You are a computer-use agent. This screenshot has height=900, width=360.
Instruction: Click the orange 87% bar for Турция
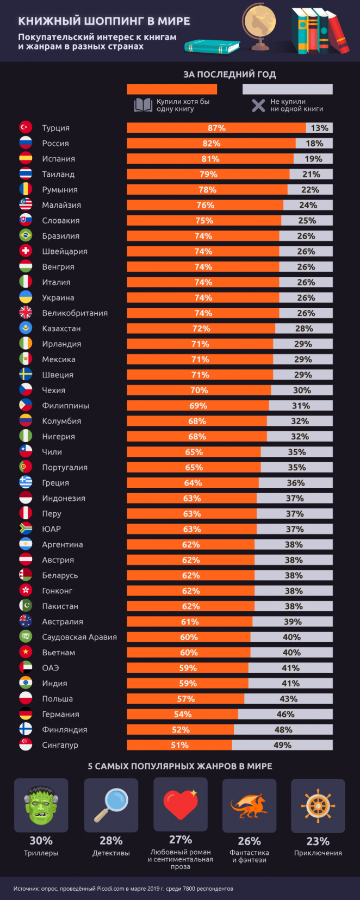click(x=216, y=128)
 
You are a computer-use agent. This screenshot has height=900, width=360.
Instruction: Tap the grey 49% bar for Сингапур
click(x=282, y=745)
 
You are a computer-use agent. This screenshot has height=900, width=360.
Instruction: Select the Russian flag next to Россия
click(x=26, y=143)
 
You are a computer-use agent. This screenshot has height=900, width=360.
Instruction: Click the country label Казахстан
click(x=61, y=328)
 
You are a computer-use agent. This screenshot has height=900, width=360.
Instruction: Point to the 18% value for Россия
click(x=314, y=144)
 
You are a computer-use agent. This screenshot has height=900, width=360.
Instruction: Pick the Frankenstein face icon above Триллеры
click(x=41, y=805)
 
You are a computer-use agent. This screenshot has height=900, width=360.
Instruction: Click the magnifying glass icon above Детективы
click(x=111, y=805)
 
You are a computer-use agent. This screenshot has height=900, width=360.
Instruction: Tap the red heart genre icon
click(x=180, y=804)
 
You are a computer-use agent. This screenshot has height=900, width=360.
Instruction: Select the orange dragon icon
click(x=249, y=805)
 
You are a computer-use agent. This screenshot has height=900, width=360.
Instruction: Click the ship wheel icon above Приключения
click(x=318, y=805)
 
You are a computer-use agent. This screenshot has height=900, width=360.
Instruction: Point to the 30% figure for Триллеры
click(x=41, y=841)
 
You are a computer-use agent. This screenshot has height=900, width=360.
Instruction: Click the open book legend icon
click(x=144, y=105)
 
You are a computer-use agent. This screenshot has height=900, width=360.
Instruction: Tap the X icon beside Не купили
click(x=258, y=105)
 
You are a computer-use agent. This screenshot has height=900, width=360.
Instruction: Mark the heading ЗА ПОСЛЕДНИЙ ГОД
click(x=229, y=75)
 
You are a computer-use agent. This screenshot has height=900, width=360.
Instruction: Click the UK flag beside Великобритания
click(x=26, y=313)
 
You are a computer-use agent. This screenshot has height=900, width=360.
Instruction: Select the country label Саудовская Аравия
click(x=79, y=637)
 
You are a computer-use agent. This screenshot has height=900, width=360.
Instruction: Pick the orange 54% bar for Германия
click(x=183, y=714)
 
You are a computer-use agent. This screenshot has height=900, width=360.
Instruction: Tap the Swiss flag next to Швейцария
click(x=26, y=251)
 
